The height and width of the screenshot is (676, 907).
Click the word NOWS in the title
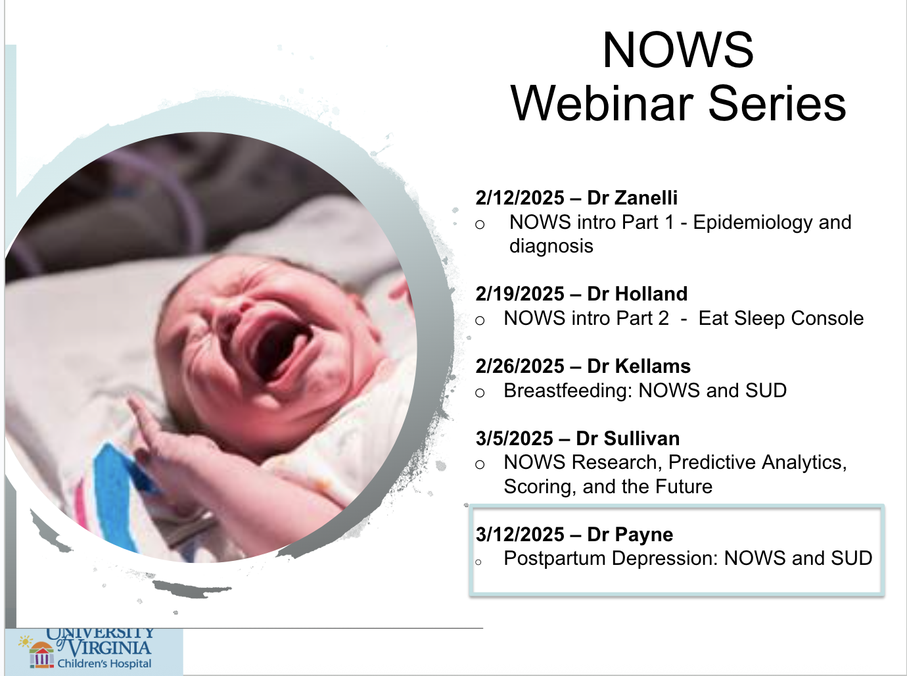[x=678, y=50]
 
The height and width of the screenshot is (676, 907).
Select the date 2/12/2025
[x=520, y=198]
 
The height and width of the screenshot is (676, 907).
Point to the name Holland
[x=651, y=294]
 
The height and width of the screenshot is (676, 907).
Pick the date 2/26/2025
[x=520, y=366]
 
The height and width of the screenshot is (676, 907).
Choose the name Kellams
[x=652, y=366]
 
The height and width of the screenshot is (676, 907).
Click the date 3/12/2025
[x=520, y=535]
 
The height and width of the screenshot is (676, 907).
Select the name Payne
[x=643, y=535]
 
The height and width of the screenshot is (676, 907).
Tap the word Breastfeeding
[x=568, y=391]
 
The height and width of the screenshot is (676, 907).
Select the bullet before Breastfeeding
[x=480, y=393]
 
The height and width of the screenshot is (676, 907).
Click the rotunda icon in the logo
[x=41, y=654]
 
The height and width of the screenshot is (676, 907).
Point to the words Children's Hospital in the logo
[x=105, y=664]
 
